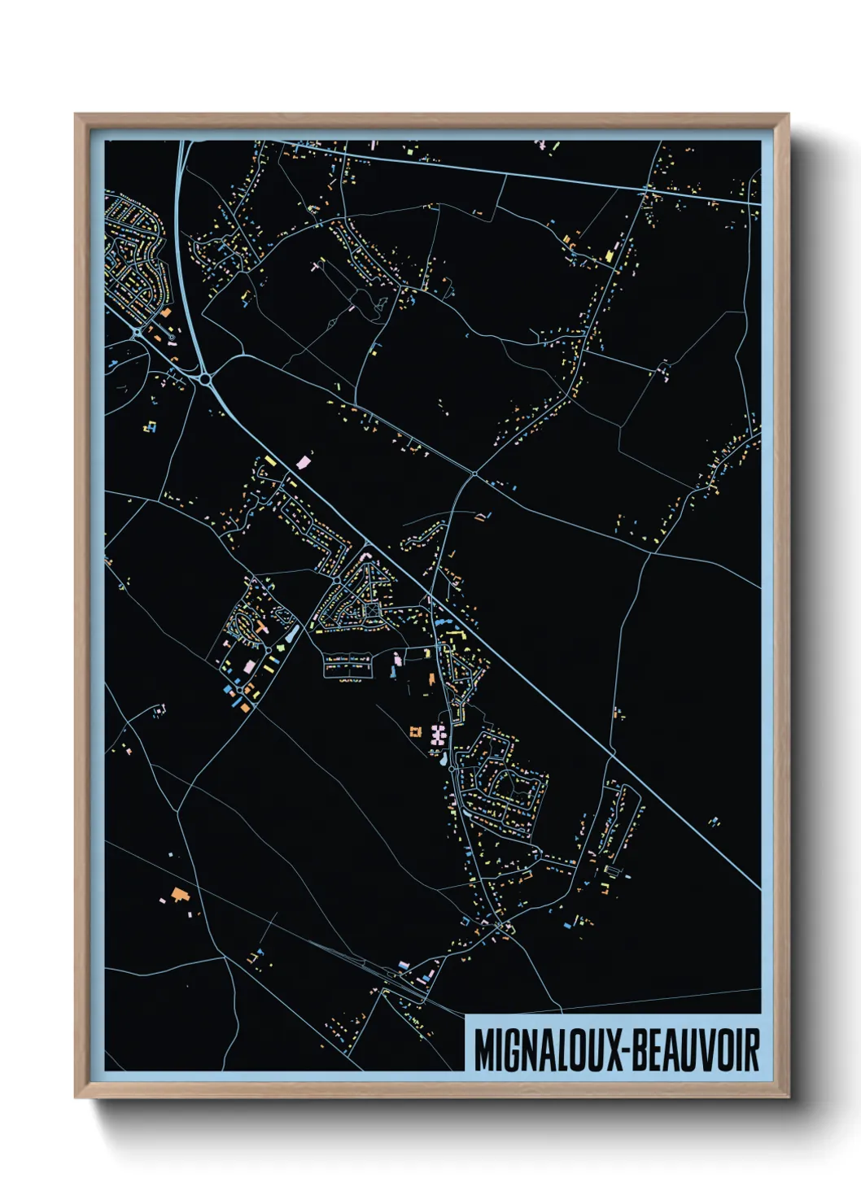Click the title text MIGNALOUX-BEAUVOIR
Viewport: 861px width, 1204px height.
(x=616, y=1050)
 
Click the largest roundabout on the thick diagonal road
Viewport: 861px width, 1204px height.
(x=206, y=378)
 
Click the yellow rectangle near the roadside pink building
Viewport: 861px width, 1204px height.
(x=271, y=462)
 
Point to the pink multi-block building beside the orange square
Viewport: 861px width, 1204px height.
(x=438, y=735)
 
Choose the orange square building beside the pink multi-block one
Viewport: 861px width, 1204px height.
(x=416, y=732)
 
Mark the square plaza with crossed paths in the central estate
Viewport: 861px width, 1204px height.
(x=372, y=609)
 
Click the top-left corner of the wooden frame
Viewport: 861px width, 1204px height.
(x=76, y=115)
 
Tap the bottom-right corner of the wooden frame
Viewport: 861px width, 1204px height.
(x=788, y=1097)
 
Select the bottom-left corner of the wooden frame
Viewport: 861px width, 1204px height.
(x=76, y=1097)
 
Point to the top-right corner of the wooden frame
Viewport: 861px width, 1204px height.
(x=788, y=115)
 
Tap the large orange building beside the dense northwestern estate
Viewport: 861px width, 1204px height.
(x=166, y=312)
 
